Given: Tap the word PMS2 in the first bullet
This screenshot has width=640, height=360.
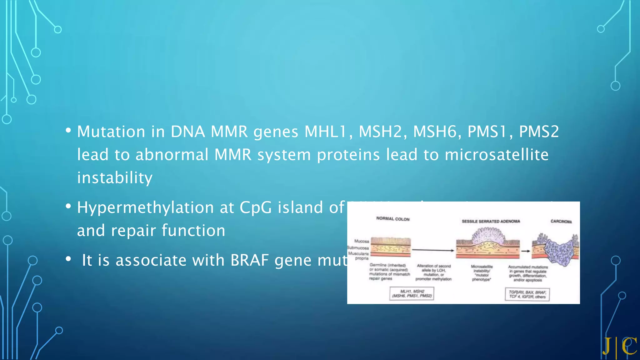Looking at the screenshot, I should pos(539,132).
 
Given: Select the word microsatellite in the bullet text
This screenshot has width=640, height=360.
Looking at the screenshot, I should pos(497,155).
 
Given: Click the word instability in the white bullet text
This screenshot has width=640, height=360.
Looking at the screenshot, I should pos(115,178).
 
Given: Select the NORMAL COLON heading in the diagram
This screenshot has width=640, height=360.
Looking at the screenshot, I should pos(393,219).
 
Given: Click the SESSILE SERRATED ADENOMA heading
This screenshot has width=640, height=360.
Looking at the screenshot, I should pos(491,221).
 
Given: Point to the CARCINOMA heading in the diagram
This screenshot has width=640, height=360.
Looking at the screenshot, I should pos(561,221).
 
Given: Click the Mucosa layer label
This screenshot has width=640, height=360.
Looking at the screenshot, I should pos(362,241).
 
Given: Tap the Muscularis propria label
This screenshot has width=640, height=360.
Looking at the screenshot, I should pos(359,256).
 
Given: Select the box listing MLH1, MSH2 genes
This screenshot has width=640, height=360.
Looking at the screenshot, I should pos(412,294).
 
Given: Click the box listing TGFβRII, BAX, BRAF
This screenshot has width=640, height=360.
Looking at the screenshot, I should pos(527,294).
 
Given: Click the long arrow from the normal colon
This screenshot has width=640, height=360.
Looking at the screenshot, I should pos(433,250).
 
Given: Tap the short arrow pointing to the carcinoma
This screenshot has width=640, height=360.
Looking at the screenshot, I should pos(526,251).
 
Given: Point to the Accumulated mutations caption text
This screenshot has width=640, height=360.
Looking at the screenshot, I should pos(528,273).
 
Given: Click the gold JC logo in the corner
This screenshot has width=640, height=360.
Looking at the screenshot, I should pos(620,346).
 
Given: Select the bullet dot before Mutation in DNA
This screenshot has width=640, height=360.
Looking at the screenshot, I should pos(68,131).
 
